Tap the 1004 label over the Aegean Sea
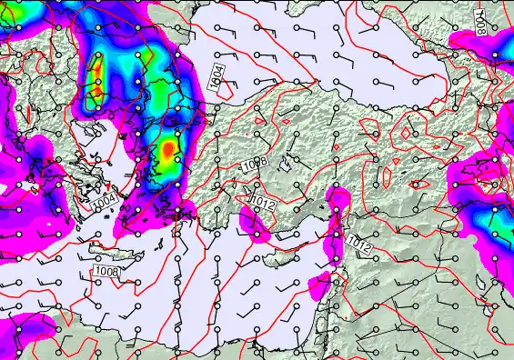pyautogui.click(x=106, y=199)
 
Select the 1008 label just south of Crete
pyautogui.click(x=106, y=271)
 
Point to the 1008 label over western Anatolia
pyautogui.click(x=254, y=165)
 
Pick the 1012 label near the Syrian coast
pyautogui.click(x=358, y=243)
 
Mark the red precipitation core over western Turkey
pyautogui.click(x=168, y=149)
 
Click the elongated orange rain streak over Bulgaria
pyautogui.click(x=96, y=78)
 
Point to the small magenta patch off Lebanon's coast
pyautogui.click(x=321, y=285)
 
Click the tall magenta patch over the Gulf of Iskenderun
pyautogui.click(x=338, y=218)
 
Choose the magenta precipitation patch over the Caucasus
pyautogui.click(x=496, y=55)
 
